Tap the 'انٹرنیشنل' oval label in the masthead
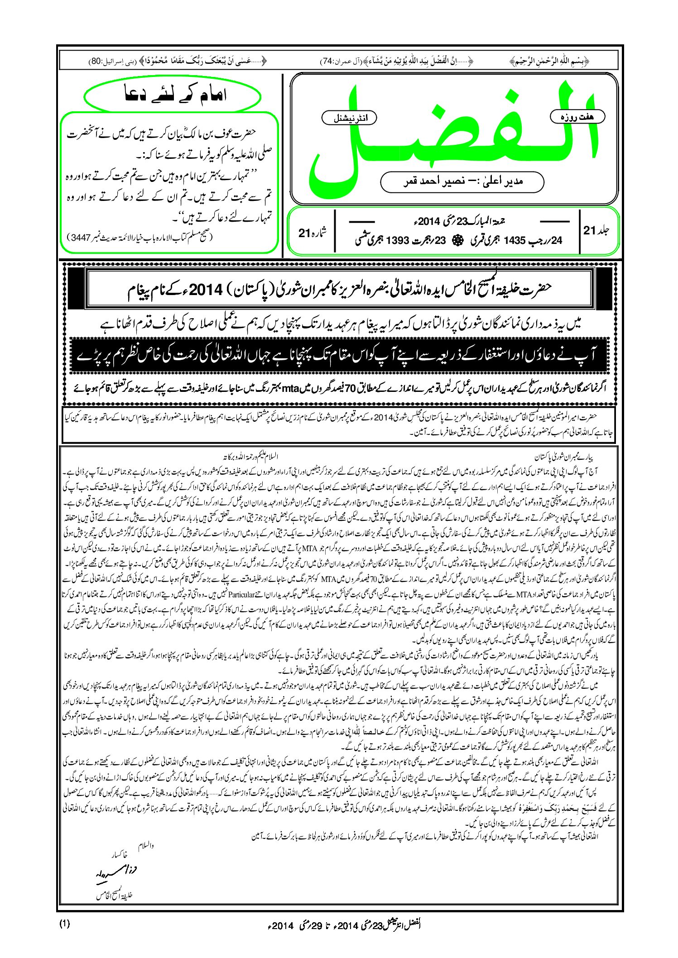(349, 118)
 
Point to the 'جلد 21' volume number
(596, 230)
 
